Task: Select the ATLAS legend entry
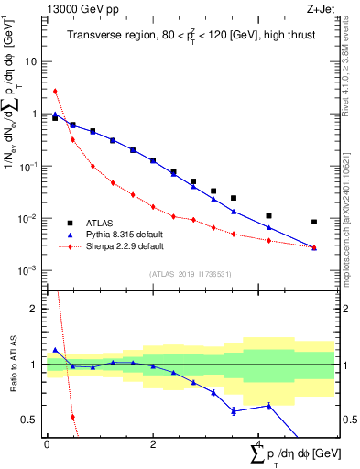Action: tap(100, 223)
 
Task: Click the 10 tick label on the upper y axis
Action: tap(31, 61)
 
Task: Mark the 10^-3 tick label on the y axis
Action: tap(29, 271)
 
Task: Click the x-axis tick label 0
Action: tap(47, 444)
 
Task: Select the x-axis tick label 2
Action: tap(152, 444)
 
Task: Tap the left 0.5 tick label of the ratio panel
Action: tap(30, 420)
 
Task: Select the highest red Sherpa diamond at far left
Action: tap(55, 91)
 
